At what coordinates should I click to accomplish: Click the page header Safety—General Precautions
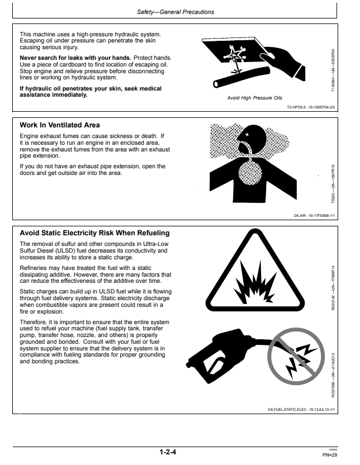tap(176, 12)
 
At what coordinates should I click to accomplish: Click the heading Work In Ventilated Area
tap(60, 125)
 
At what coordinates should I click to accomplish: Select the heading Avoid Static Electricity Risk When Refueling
tap(94, 233)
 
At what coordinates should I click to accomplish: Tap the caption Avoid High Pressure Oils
tap(255, 98)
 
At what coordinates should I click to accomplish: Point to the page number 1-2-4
tap(168, 452)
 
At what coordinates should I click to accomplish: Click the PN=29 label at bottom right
tap(330, 455)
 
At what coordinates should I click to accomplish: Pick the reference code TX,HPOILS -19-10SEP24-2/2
tap(311, 107)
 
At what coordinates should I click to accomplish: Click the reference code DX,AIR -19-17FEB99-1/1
tap(314, 216)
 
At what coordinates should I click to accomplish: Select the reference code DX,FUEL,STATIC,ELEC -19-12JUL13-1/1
tap(301, 410)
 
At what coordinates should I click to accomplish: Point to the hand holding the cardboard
tap(283, 61)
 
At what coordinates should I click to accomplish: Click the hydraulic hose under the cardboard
tap(241, 77)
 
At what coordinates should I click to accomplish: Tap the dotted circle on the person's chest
tap(250, 173)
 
